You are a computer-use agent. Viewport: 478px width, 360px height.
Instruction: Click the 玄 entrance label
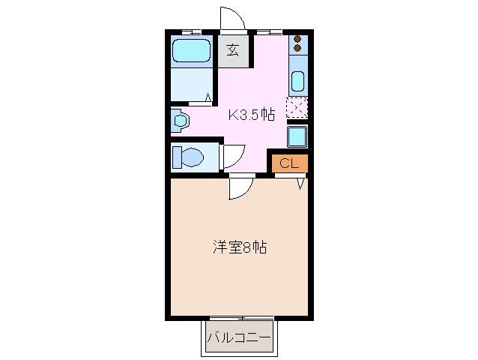point(233,52)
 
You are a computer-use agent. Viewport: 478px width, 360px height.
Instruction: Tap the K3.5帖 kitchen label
point(251,115)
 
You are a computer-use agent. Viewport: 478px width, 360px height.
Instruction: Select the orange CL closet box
point(289,163)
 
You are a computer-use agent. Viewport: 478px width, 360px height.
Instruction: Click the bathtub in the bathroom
point(192,51)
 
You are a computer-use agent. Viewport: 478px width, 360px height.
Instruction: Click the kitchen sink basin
point(297,81)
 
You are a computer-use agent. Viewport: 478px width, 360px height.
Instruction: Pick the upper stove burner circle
point(297,40)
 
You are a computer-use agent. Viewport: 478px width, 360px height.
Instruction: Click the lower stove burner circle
point(297,49)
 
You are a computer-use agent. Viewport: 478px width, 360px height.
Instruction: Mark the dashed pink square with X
point(297,108)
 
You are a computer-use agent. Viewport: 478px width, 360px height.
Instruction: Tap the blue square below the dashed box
point(297,136)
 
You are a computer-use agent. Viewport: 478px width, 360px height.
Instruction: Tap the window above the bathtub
point(192,31)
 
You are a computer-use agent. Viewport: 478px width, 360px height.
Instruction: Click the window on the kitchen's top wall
point(270,31)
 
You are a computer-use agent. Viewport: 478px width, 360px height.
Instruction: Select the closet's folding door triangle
point(301,182)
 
